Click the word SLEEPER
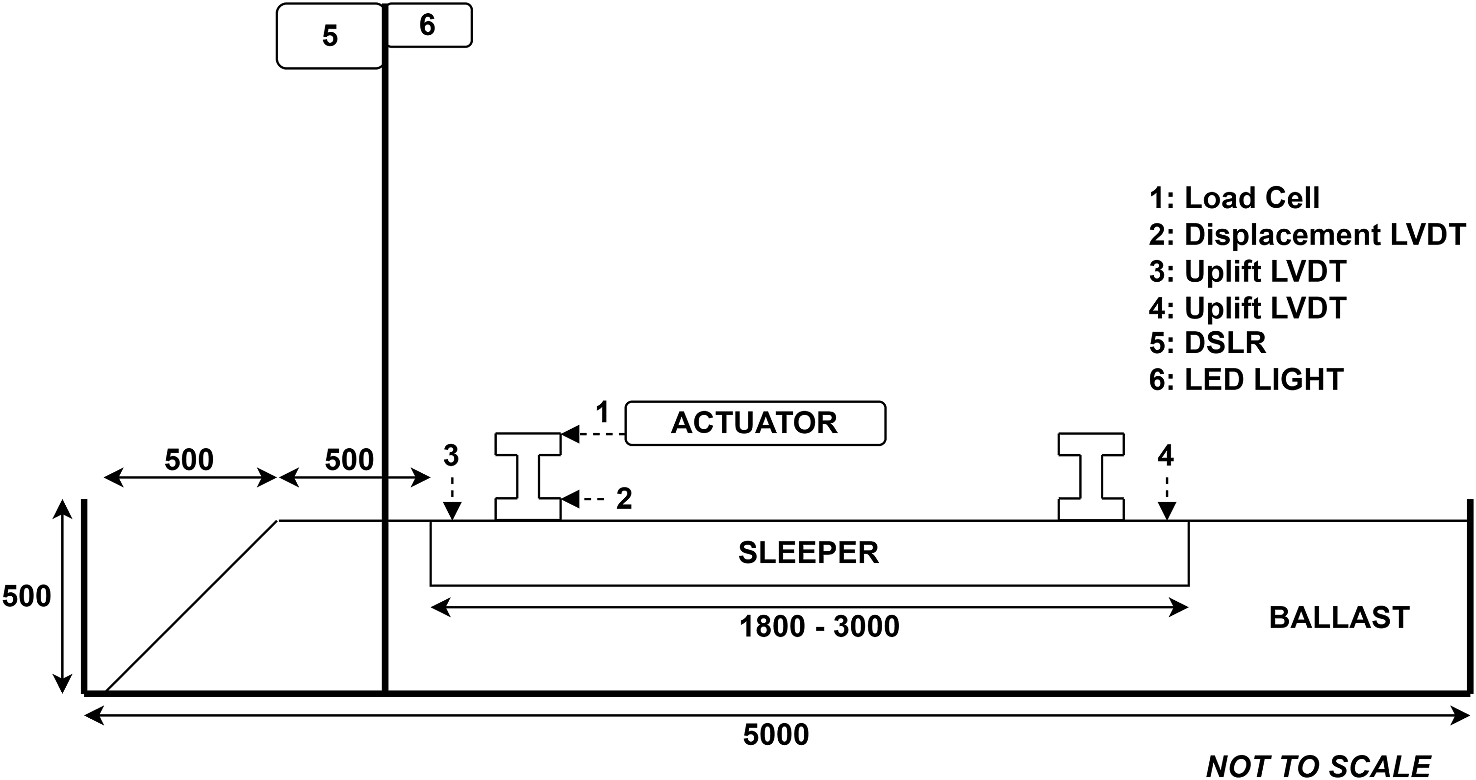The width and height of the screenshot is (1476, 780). click(809, 553)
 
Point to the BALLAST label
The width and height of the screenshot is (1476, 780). click(1339, 618)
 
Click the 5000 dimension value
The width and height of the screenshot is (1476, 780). click(776, 735)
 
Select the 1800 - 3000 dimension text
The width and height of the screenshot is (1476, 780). click(819, 627)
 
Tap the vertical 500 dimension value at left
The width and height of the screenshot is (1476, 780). click(27, 597)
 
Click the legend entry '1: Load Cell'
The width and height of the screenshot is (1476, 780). click(1234, 198)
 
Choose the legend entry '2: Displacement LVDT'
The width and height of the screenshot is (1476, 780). click(1307, 235)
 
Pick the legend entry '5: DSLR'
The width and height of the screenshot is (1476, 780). click(1208, 343)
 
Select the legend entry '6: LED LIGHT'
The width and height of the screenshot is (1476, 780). click(1246, 380)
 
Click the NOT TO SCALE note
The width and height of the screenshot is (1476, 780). click(1319, 766)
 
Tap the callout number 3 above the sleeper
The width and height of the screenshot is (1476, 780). click(451, 455)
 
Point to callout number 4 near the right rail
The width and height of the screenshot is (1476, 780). click(1166, 455)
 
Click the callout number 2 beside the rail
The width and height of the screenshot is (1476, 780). click(624, 499)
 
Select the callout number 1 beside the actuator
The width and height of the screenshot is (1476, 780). click(602, 413)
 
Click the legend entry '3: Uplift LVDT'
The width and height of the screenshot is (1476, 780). click(1247, 271)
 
